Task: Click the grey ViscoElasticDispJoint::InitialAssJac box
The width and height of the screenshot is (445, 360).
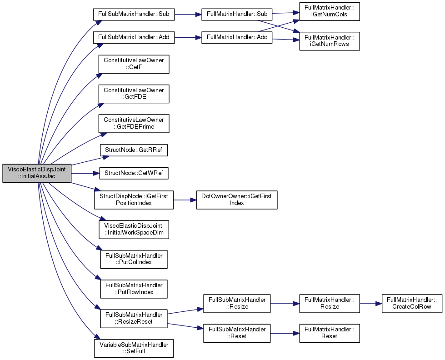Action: (37, 173)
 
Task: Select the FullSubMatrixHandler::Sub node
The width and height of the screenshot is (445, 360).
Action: (134, 14)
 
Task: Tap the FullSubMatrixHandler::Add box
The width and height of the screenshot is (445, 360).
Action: (134, 37)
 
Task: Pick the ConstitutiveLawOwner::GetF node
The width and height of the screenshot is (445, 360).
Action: (134, 64)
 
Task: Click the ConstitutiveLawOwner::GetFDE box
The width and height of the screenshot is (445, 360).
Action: (134, 94)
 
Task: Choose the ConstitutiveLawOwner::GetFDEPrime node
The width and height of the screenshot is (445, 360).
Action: (134, 124)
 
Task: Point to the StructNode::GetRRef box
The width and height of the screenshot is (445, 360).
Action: (134, 150)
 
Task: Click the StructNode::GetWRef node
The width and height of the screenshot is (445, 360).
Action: (134, 173)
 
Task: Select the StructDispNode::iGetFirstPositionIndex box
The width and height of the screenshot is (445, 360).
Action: (134, 200)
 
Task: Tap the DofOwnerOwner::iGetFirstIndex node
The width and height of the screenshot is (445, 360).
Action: (237, 200)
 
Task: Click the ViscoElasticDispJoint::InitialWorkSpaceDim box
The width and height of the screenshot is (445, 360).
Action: (134, 230)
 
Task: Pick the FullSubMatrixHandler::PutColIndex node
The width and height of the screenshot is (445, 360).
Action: (134, 259)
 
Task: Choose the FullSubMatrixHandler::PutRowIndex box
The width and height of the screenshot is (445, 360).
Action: (134, 289)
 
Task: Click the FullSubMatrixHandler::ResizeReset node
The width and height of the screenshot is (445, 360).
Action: (134, 319)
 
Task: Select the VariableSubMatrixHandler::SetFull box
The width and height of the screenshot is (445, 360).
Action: (134, 348)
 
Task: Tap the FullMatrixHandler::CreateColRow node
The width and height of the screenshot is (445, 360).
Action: (412, 304)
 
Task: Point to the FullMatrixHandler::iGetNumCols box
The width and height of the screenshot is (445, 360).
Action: (330, 11)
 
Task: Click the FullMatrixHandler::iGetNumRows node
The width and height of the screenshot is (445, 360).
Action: (330, 41)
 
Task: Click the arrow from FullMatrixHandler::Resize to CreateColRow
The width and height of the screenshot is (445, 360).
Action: (370, 304)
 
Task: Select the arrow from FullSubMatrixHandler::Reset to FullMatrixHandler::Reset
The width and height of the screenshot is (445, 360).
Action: (285, 333)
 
